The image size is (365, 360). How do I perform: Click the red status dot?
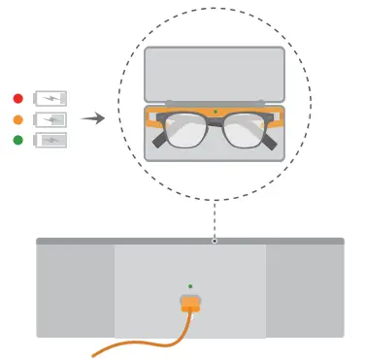pos(17,98)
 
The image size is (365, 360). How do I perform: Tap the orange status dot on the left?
pos(17,119)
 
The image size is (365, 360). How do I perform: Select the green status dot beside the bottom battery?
pos(17,140)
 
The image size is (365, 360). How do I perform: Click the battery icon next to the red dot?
pos(51,98)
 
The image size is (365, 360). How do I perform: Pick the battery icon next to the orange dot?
pos(51,119)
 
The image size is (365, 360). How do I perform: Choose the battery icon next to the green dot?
pos(51,140)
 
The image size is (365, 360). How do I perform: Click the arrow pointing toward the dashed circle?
pos(92,118)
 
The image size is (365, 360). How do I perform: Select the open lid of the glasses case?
pos(214,74)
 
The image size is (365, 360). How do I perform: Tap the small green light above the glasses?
pos(215,111)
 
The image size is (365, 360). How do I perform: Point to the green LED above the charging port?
pos(190,286)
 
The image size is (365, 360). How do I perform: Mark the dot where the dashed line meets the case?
pos(215,240)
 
